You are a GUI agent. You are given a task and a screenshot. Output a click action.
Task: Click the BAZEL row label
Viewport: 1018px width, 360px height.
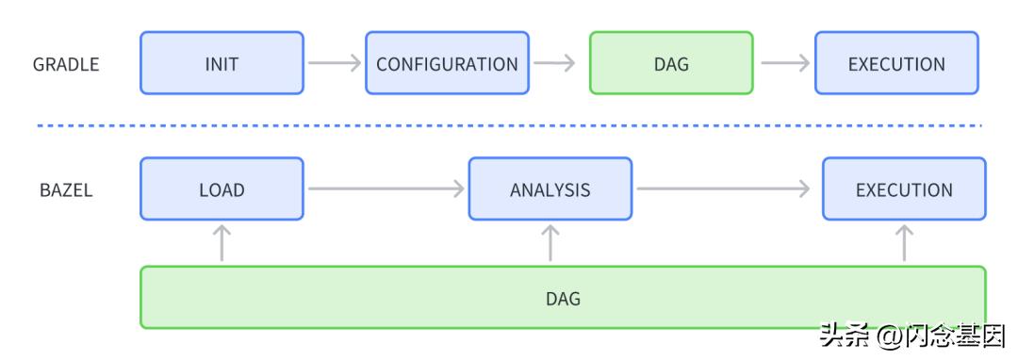click(x=66, y=189)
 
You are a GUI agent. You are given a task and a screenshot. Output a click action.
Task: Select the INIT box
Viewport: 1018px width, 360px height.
click(x=222, y=63)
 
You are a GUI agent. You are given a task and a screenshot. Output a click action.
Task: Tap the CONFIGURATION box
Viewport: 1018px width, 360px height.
click(x=447, y=63)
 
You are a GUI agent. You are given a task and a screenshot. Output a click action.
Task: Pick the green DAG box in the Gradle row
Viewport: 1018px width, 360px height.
click(x=671, y=63)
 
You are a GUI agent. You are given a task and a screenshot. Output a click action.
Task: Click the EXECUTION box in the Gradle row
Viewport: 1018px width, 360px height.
click(x=896, y=63)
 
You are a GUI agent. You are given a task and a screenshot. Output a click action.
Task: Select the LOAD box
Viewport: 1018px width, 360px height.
click(x=222, y=188)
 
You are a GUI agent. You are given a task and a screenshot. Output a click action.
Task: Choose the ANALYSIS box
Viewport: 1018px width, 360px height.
click(x=550, y=188)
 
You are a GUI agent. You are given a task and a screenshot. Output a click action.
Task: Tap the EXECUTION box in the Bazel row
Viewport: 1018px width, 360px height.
click(x=904, y=188)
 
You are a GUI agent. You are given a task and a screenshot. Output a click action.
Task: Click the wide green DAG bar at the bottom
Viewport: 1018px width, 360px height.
click(x=563, y=298)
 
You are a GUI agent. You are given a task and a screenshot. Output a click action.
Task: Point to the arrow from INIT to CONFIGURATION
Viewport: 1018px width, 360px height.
click(x=335, y=63)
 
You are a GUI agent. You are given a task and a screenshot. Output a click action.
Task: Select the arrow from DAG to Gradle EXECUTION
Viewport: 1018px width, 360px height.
click(x=784, y=63)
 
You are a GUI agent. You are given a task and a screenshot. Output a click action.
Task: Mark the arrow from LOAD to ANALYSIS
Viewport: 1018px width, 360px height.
click(x=386, y=188)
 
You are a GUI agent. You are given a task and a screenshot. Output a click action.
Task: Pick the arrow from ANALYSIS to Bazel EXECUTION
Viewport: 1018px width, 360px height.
click(x=722, y=188)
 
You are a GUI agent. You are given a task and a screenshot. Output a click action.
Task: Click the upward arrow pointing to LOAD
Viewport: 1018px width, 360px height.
click(x=222, y=242)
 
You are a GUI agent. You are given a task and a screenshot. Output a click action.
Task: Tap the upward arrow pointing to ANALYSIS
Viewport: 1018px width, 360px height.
click(x=550, y=242)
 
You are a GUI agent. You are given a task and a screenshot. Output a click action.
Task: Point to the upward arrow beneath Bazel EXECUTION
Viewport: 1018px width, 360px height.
click(x=904, y=242)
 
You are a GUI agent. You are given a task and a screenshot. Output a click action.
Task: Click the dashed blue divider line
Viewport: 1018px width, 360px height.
click(x=509, y=124)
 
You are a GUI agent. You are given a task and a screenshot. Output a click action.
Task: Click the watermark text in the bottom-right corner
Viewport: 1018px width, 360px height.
click(x=911, y=335)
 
